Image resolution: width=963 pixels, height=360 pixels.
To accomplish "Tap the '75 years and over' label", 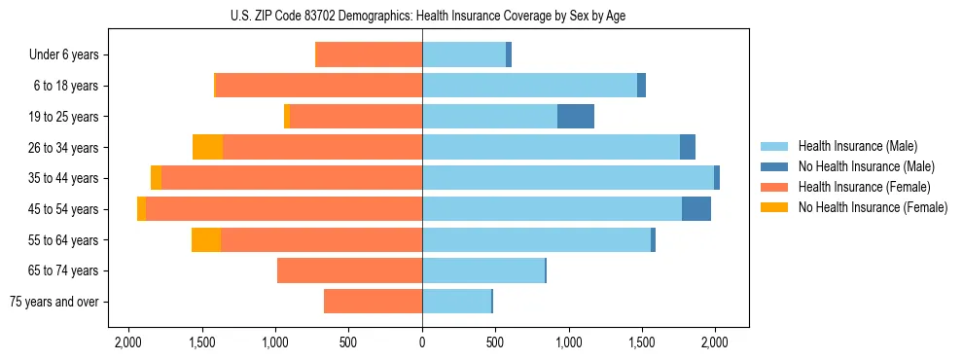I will [54, 302].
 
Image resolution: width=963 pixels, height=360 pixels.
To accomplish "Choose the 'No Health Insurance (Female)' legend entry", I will [873, 207].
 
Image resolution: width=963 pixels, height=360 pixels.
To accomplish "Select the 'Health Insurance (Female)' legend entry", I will [857, 187].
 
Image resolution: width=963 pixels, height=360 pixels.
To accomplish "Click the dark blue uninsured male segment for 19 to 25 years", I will [575, 116].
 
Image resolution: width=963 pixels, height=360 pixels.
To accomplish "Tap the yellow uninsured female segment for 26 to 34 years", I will [207, 147].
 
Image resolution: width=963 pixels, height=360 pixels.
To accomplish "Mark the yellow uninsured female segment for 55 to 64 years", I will [206, 239].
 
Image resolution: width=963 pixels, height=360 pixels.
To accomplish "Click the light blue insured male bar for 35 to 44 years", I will [567, 178].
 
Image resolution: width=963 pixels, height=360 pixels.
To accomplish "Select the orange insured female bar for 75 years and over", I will [373, 302].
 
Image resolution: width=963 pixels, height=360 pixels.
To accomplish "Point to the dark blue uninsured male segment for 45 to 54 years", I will [696, 209].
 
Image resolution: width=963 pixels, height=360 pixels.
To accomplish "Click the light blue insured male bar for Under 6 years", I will [463, 54].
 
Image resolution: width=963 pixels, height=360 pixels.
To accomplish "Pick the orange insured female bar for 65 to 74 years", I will [349, 270].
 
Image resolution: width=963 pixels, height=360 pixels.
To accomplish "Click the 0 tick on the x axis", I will [422, 342].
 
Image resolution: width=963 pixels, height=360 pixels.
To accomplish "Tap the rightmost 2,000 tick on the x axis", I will [715, 342].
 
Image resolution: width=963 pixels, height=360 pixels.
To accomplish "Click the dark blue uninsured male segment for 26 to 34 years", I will [687, 147].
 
